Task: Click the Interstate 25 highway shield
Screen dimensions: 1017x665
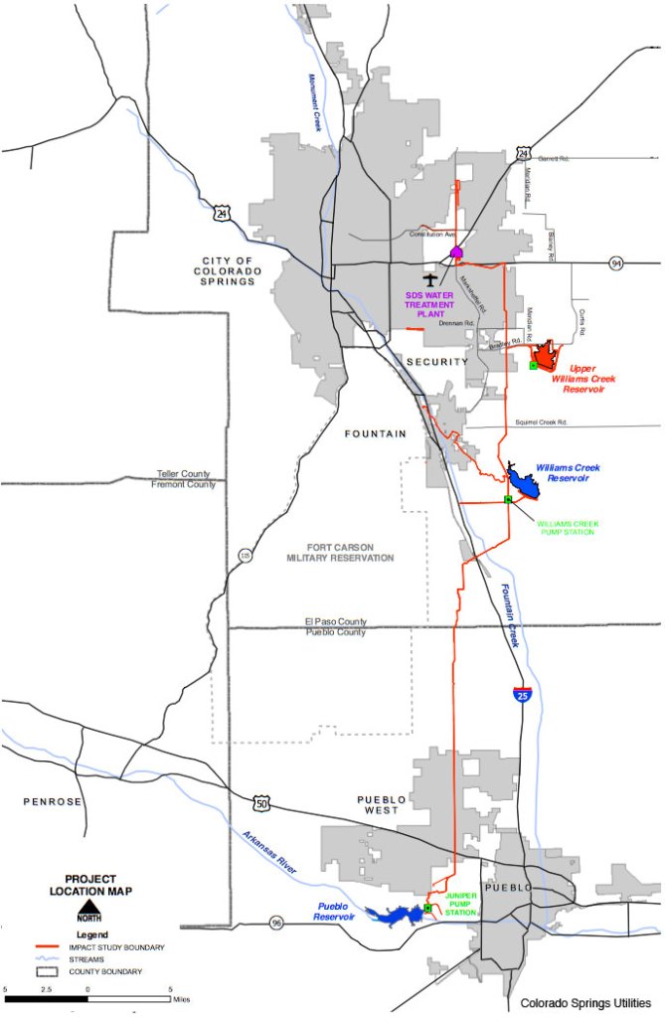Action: point(522,694)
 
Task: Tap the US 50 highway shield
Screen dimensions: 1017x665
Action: point(261,801)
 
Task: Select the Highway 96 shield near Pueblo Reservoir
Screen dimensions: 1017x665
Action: point(275,923)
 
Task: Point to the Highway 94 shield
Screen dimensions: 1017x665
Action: point(617,263)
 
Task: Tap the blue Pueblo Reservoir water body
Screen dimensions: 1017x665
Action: point(398,914)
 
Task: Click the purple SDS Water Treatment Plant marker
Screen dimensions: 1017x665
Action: point(456,253)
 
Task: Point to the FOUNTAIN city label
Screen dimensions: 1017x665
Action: point(376,433)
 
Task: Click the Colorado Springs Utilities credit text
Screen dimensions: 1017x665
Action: point(585,1003)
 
